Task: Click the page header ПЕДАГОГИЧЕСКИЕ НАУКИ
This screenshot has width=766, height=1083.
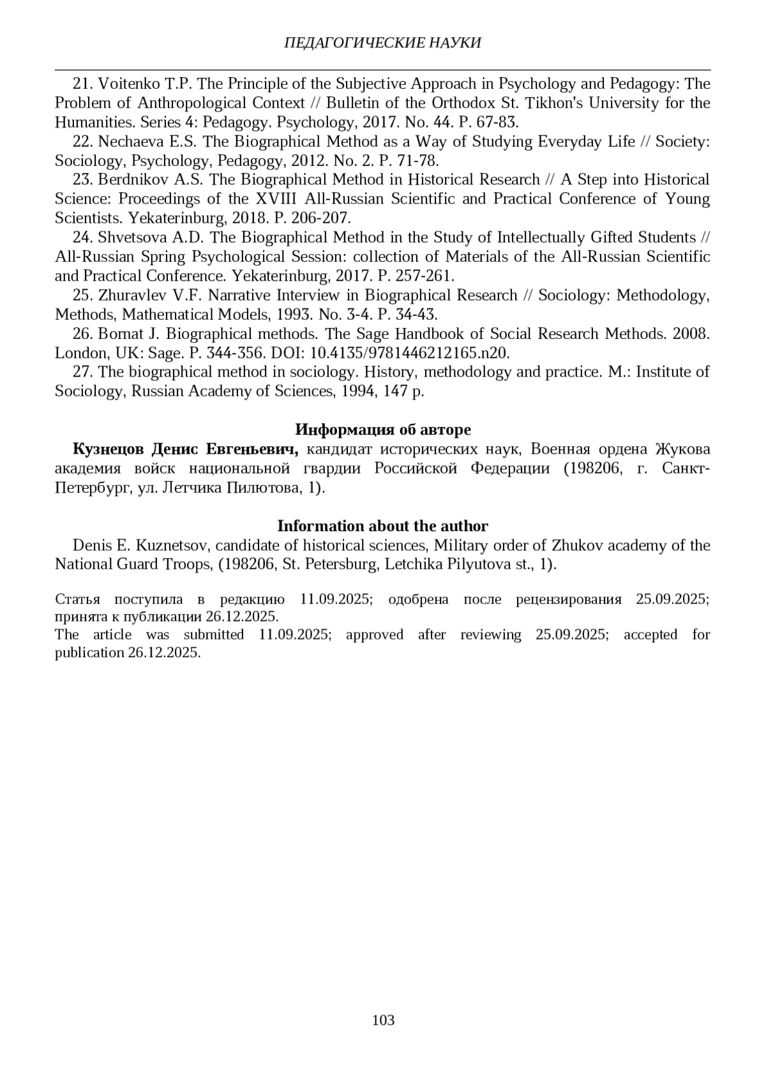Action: coord(382,43)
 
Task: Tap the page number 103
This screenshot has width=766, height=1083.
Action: coord(383,1020)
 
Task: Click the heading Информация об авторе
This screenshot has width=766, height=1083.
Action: coord(383,429)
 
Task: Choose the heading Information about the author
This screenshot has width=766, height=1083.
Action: coord(382,526)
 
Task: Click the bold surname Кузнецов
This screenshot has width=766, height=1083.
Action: coord(109,449)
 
